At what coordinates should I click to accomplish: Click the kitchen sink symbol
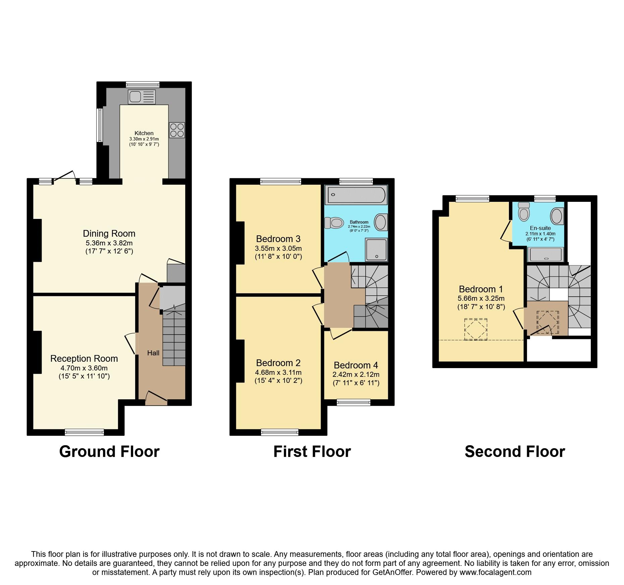point(141,97)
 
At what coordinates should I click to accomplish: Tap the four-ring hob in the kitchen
point(177,130)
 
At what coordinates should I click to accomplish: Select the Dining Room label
point(109,234)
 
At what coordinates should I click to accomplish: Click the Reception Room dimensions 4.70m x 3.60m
point(84,368)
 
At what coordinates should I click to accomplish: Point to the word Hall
point(153,353)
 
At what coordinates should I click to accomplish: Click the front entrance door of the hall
point(156,399)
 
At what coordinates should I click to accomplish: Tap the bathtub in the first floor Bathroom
point(356,194)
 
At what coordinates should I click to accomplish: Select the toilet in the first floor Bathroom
point(334,222)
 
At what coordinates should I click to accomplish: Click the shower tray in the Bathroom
point(376,249)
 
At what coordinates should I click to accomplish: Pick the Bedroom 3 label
point(278,239)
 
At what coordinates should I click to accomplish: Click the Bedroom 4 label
point(356,365)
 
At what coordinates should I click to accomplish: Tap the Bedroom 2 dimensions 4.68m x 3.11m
point(278,372)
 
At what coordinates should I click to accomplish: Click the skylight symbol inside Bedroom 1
point(475,329)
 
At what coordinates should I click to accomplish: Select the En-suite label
point(540,228)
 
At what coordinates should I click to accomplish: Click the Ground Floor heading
point(109,452)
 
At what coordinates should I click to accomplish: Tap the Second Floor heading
point(515,452)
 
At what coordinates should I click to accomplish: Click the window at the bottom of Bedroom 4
point(353,402)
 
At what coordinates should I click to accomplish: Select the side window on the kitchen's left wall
point(100,125)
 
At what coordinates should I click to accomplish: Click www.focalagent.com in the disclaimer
point(495,572)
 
